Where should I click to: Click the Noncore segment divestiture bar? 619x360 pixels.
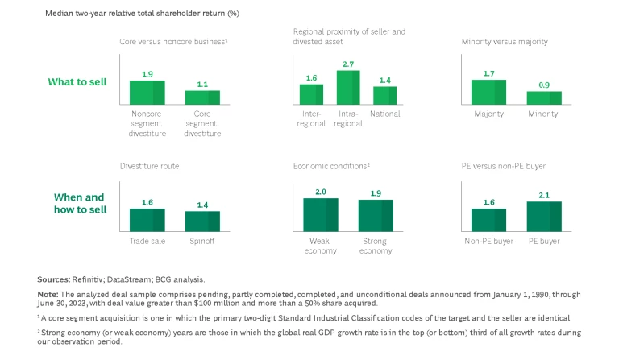(147, 93)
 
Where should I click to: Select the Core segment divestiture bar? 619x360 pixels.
(202, 97)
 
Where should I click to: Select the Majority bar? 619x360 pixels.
(488, 93)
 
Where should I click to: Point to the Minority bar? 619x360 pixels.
(544, 98)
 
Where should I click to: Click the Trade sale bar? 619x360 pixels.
(147, 221)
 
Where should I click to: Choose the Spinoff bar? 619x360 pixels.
(202, 222)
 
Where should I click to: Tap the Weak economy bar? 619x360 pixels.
(321, 215)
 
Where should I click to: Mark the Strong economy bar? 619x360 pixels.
(376, 216)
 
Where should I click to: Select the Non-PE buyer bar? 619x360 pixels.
(488, 221)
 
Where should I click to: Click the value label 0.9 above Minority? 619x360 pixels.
(544, 85)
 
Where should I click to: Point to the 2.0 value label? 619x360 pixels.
(321, 192)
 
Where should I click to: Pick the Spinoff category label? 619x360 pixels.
(202, 242)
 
